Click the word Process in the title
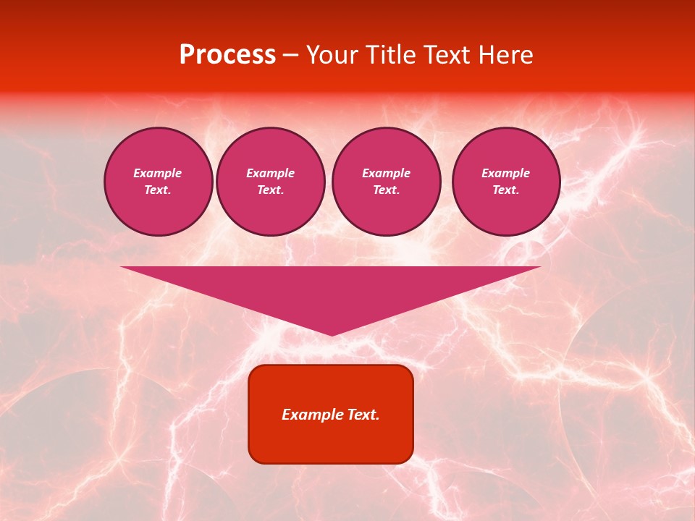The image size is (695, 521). point(227,55)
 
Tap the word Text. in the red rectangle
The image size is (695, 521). point(361,415)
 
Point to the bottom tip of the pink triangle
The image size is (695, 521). point(332,334)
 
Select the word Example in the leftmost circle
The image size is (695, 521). point(158,173)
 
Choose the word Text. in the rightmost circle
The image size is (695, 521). point(506,190)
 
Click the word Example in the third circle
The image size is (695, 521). point(386,173)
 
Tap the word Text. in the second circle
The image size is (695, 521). point(271,190)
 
